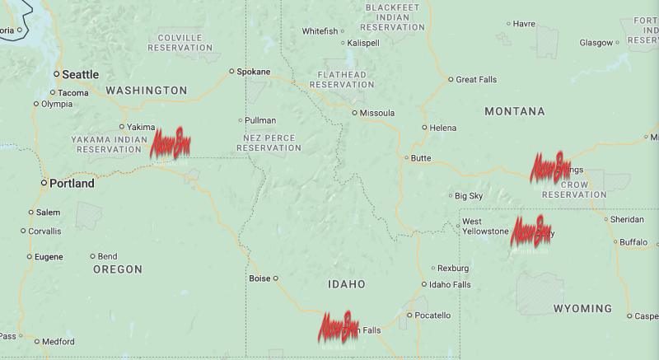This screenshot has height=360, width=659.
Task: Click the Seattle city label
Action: point(80,74)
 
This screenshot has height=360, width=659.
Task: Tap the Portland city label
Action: point(72,183)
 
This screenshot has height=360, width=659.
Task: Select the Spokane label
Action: point(253,72)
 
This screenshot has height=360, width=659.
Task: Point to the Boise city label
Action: point(259,278)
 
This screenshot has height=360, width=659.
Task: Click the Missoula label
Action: point(377,113)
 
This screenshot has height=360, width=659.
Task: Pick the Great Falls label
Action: point(478,80)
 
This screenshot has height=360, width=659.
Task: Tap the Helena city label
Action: point(442,128)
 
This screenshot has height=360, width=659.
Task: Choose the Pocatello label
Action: point(432,316)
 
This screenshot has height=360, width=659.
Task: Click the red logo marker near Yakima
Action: point(170,143)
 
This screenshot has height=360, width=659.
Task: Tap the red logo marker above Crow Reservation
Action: point(549,167)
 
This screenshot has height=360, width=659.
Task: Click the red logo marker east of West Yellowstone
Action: point(531,230)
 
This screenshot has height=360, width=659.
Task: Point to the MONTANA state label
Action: point(515,111)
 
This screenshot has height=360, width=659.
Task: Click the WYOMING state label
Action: point(582,309)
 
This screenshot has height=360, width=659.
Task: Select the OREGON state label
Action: point(118,269)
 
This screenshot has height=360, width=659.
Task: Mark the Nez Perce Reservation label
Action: point(269,143)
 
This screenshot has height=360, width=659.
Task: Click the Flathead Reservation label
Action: point(341,79)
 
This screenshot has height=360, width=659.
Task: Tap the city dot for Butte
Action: point(406,157)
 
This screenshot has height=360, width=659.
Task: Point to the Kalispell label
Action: point(363,43)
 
